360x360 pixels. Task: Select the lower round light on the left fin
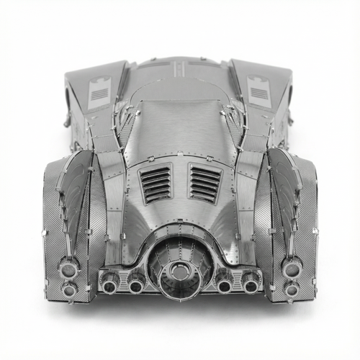[69, 289]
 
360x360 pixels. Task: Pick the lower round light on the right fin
[291, 289]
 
